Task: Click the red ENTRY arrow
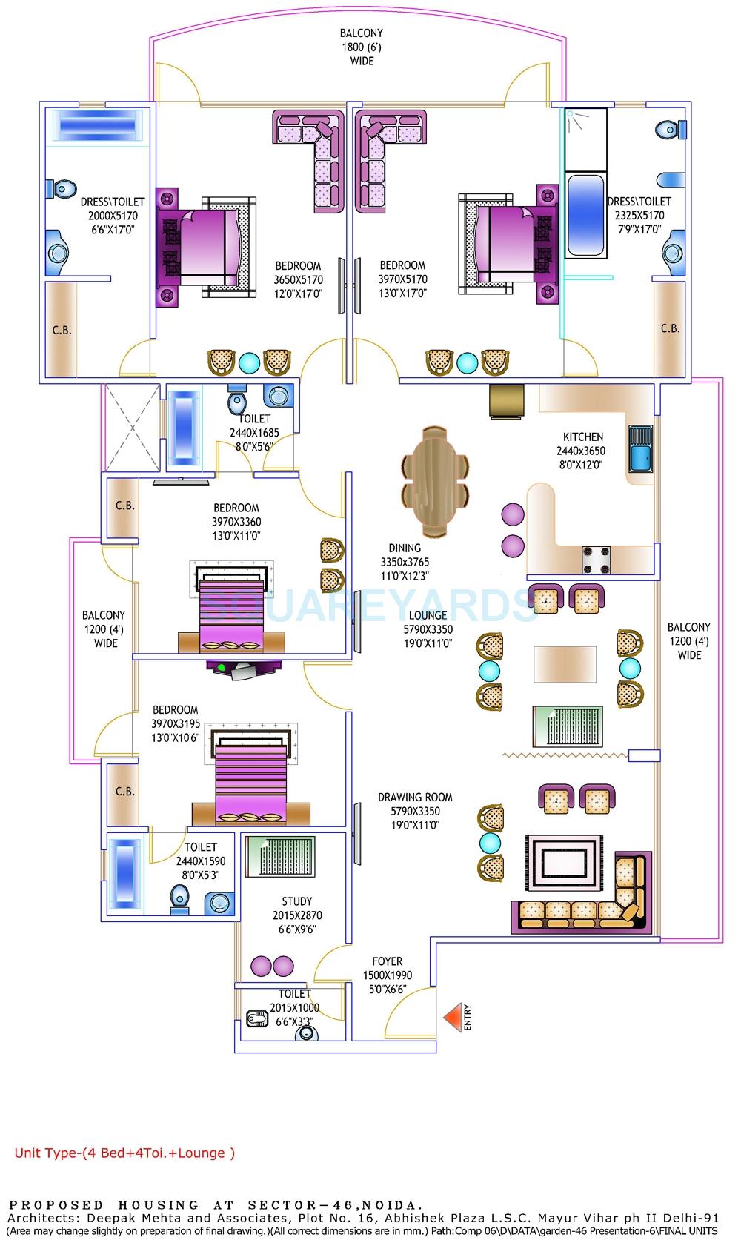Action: pos(452,1018)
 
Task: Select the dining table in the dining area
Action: pos(435,481)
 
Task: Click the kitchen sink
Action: pos(640,448)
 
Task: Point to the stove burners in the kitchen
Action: pos(596,560)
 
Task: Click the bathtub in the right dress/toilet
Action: pos(585,215)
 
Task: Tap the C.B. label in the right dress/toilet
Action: pos(670,328)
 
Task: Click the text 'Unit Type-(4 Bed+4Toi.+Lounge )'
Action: pos(124,1153)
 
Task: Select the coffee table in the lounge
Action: pos(565,664)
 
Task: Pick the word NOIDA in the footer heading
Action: pos(401,1204)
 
